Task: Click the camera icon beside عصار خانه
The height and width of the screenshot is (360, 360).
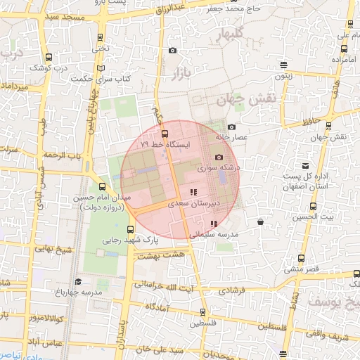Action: (231, 127)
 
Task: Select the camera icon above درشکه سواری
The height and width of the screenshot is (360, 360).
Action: (219, 157)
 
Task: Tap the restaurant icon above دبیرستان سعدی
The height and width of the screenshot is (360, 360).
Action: (193, 192)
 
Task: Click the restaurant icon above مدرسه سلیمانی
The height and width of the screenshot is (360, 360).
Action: (214, 224)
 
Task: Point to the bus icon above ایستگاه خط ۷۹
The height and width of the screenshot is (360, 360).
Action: (165, 133)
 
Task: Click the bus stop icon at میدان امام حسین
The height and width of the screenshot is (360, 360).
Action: (103, 186)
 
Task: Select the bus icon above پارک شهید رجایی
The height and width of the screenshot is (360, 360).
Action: (130, 229)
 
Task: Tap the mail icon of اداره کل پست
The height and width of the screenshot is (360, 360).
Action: (305, 163)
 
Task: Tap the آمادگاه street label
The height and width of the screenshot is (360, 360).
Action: (160, 307)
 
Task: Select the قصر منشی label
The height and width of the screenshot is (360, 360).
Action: (302, 269)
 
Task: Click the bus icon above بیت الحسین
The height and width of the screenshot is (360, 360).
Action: (313, 207)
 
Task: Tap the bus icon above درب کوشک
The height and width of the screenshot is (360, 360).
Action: (49, 58)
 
